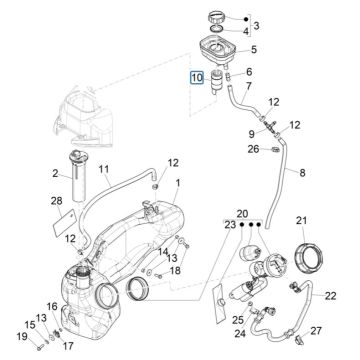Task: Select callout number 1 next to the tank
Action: tap(177, 183)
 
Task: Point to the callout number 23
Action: tap(230, 226)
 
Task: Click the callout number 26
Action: tap(227, 150)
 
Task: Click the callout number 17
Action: tap(68, 347)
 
